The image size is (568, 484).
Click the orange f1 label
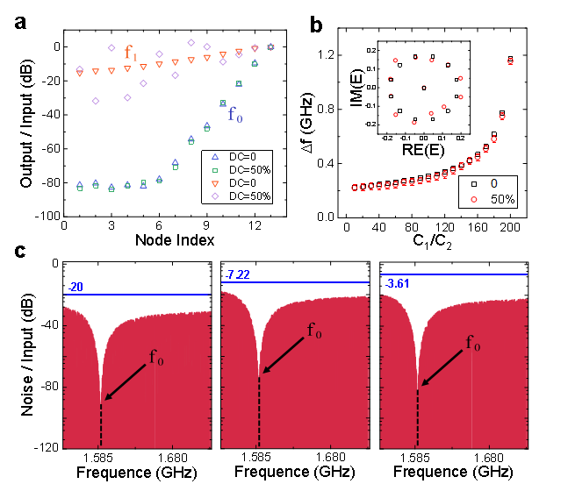click(130, 53)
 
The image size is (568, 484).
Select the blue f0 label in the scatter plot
click(234, 115)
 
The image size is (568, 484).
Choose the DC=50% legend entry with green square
click(242, 169)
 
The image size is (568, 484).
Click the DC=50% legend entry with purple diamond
click(242, 196)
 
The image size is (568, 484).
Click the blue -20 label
click(76, 287)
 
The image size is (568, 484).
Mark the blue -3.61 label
click(399, 283)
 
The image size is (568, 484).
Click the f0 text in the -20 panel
click(155, 357)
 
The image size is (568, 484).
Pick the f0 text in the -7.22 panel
click(314, 331)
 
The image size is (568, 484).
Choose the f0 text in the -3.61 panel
click(472, 343)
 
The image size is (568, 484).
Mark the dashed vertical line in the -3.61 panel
click(417, 417)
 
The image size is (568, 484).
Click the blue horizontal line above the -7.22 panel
click(295, 282)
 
